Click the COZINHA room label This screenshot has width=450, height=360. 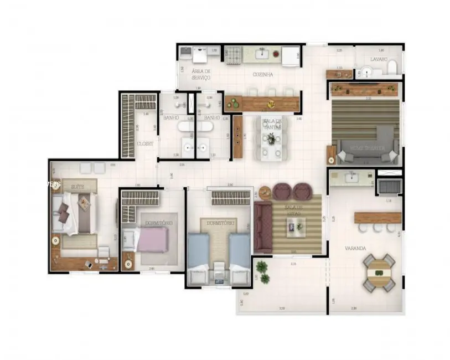coord(262,74)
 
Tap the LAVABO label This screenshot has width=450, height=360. coord(379,59)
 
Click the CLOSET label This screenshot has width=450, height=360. coord(145,143)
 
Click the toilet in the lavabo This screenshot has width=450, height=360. coord(392,68)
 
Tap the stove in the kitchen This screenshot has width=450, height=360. coord(234,54)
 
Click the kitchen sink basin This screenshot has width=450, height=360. coord(262,54)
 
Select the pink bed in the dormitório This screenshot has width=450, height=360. coord(153,239)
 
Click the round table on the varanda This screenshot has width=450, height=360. coord(379,272)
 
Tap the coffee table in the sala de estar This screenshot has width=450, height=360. coord(295,225)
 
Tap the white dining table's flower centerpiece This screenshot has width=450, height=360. coord(272,138)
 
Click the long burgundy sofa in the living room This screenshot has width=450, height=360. coord(262,226)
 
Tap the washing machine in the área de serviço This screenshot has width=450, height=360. coord(199,54)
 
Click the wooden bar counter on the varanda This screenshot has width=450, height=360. coord(377,218)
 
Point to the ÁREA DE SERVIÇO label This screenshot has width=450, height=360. coord(201,75)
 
